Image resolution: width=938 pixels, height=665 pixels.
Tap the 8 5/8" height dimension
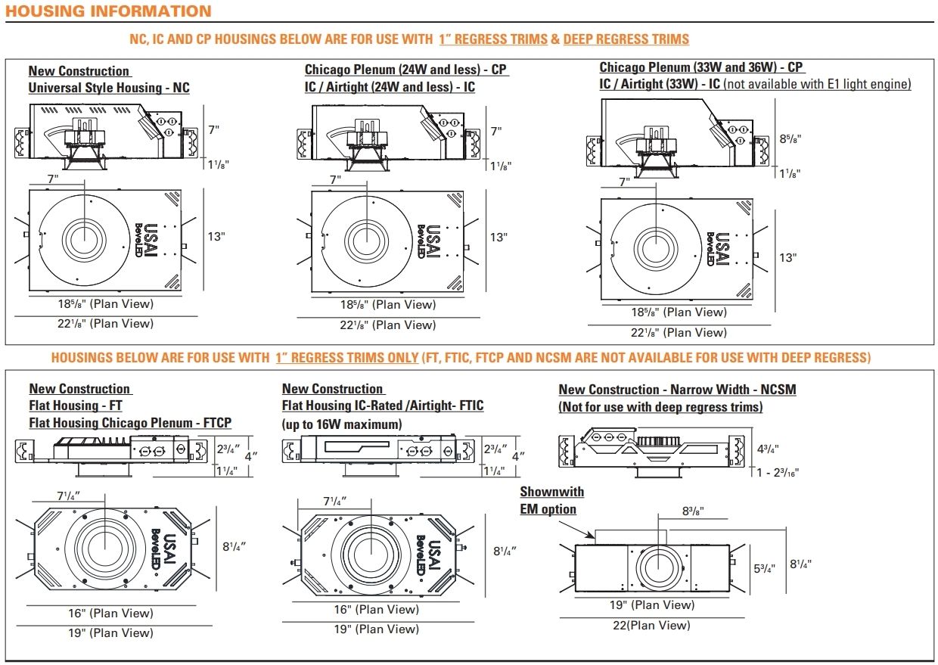pos(790,139)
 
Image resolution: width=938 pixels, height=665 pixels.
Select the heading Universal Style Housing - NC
pos(109,88)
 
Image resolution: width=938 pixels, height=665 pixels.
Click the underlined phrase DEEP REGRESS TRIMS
pos(626,39)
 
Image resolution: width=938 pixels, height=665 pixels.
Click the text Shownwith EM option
pos(551,501)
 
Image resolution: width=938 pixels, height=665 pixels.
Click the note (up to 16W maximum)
pos(342,424)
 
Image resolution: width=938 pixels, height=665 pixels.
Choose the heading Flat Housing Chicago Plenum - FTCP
pos(130,423)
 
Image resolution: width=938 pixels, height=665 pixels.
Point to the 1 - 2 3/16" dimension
pos(777,472)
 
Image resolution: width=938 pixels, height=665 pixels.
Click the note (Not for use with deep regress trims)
pos(660,407)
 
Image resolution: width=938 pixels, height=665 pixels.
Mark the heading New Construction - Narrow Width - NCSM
pos(677,390)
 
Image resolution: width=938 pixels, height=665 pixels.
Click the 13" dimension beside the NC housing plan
pos(216,237)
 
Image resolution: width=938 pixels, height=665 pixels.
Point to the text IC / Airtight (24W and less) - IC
pos(390,87)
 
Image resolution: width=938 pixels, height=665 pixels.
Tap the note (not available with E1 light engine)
pos(817,84)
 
